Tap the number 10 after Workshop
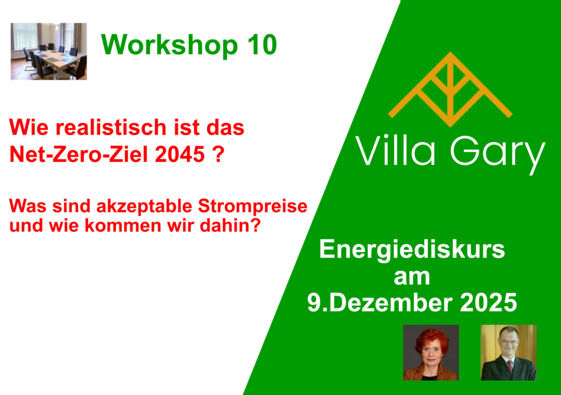click(x=262, y=45)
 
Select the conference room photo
click(x=49, y=51)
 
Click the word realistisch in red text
click(x=111, y=127)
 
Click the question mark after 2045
click(x=219, y=154)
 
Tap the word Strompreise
click(x=253, y=206)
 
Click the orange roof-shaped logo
click(x=450, y=89)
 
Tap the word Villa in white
click(x=395, y=150)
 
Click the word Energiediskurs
click(x=412, y=249)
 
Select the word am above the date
click(x=412, y=277)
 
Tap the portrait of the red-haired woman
click(x=431, y=352)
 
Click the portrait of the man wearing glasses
click(x=508, y=352)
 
